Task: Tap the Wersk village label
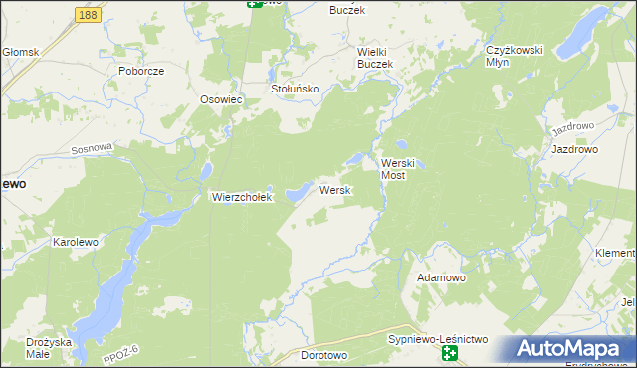coord(333,190)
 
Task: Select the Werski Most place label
coord(403,168)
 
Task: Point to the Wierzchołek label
coord(241,197)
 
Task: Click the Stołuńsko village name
coord(295,89)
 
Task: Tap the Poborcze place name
coord(140,72)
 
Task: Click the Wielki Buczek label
coord(376,57)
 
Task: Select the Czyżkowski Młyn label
coord(512,56)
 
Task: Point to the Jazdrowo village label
coord(574,150)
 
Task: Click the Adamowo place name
coord(442,277)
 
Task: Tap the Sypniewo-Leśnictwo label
coord(438,340)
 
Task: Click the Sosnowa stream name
coord(93,148)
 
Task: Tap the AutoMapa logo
coord(570,349)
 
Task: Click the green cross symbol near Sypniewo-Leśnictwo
coord(450,354)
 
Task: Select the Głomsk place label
coord(19,52)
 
